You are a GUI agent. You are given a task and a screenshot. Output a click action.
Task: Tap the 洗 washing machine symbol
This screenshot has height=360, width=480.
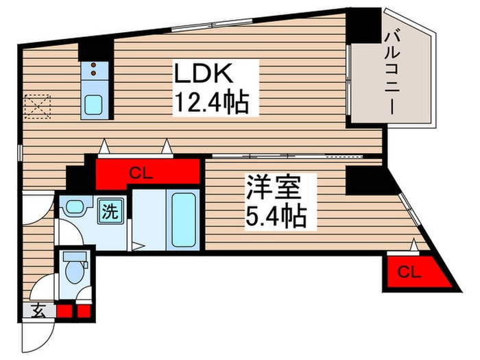(x=110, y=210)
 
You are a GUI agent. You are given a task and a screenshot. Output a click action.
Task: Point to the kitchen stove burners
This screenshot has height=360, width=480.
(x=93, y=69)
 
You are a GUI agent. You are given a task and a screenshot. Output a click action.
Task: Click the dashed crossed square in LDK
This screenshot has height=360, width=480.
(x=38, y=107)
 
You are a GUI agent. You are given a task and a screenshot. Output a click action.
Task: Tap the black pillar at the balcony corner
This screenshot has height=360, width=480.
(x=363, y=24)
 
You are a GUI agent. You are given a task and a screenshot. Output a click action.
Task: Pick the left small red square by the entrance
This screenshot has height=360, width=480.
(x=64, y=311)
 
